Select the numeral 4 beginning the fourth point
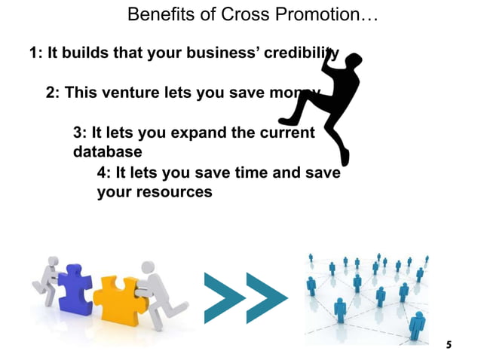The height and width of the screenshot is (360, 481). click(x=103, y=172)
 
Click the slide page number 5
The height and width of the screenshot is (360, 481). click(x=449, y=345)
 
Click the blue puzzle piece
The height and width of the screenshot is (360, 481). click(x=74, y=287)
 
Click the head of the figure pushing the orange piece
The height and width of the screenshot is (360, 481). click(x=149, y=267)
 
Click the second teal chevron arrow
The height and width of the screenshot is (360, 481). click(x=266, y=298)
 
